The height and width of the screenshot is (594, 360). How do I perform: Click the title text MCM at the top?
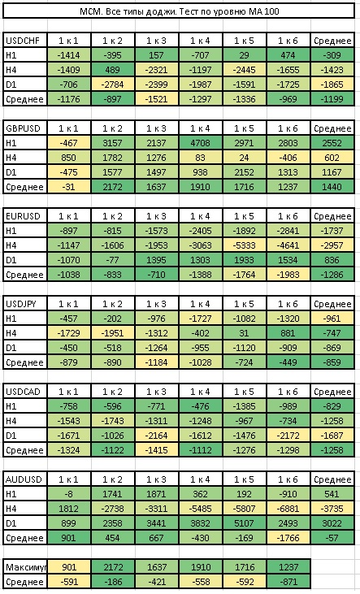[x=89, y=11]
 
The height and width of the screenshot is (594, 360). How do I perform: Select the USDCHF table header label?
[x=23, y=41]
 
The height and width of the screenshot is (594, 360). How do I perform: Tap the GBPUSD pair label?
[x=23, y=128]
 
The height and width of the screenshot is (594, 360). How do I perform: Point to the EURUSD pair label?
[x=23, y=216]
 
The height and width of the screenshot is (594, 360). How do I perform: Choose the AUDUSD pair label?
[x=24, y=479]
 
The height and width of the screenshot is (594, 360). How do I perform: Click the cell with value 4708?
[x=200, y=143]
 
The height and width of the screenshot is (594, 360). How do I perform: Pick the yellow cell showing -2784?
[x=112, y=85]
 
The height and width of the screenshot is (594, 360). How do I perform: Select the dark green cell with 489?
[x=112, y=70]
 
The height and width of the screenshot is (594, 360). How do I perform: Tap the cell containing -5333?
[x=244, y=245]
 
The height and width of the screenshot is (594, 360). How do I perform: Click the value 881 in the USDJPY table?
[x=288, y=333]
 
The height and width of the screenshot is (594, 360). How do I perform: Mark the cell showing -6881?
[x=288, y=509]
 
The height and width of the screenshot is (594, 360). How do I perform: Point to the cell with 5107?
[x=244, y=523]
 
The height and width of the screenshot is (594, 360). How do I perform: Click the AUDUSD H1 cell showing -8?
[x=68, y=494]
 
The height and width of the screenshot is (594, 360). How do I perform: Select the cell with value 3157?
[x=112, y=143]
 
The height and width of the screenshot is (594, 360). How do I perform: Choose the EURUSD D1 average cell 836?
[x=332, y=260]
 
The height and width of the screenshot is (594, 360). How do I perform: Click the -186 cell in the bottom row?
[x=112, y=582]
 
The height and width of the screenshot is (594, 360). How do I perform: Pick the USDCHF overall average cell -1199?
[x=332, y=99]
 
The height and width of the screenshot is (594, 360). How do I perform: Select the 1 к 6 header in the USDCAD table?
[x=288, y=392]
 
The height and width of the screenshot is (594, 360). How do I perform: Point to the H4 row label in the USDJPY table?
[x=11, y=333]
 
